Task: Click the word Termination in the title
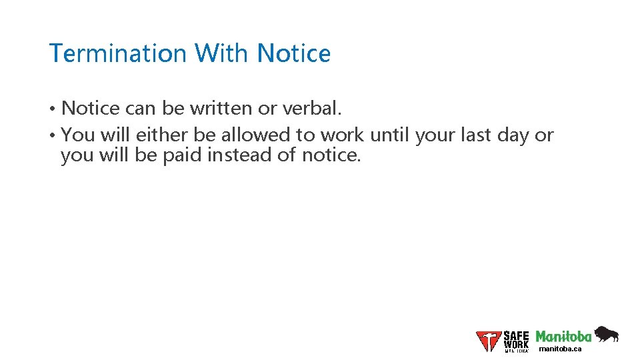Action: pos(117,53)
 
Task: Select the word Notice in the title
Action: pos(294,53)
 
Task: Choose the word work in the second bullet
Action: pos(342,135)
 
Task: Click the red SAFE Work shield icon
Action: pos(489,341)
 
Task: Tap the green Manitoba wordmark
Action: pos(563,336)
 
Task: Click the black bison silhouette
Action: pos(606,334)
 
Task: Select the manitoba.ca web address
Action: pos(560,349)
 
